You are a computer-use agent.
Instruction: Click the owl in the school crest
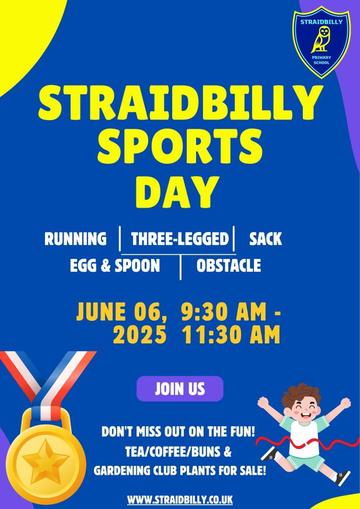[x=321, y=40]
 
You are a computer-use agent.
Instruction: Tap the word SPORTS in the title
[x=180, y=146]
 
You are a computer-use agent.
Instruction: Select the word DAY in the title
[x=177, y=192]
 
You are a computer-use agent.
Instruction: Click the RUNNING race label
[x=75, y=238]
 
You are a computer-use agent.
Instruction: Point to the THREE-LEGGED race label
[x=180, y=238]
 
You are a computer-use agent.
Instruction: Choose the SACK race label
[x=265, y=238]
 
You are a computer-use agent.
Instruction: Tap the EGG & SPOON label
[x=115, y=265]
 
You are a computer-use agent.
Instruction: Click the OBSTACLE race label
[x=229, y=265]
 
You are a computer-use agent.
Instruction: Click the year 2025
[x=139, y=335]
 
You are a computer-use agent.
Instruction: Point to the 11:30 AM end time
[x=231, y=335]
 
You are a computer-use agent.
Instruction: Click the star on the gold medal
[x=46, y=461]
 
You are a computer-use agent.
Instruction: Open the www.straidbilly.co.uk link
[x=180, y=499]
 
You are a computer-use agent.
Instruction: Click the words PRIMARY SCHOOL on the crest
[x=321, y=60]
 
